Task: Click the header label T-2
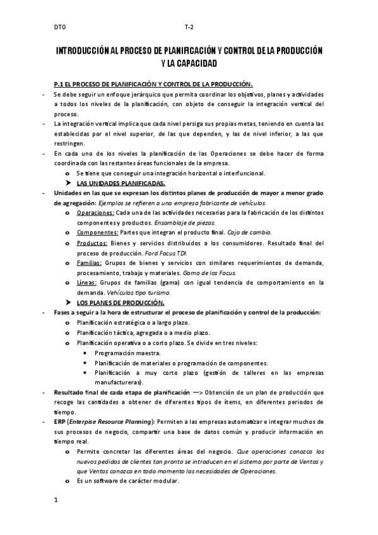point(189,27)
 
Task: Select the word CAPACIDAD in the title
point(195,63)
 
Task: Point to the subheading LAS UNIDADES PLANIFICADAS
point(121,183)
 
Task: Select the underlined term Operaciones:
point(95,213)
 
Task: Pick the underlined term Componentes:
point(97,232)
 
